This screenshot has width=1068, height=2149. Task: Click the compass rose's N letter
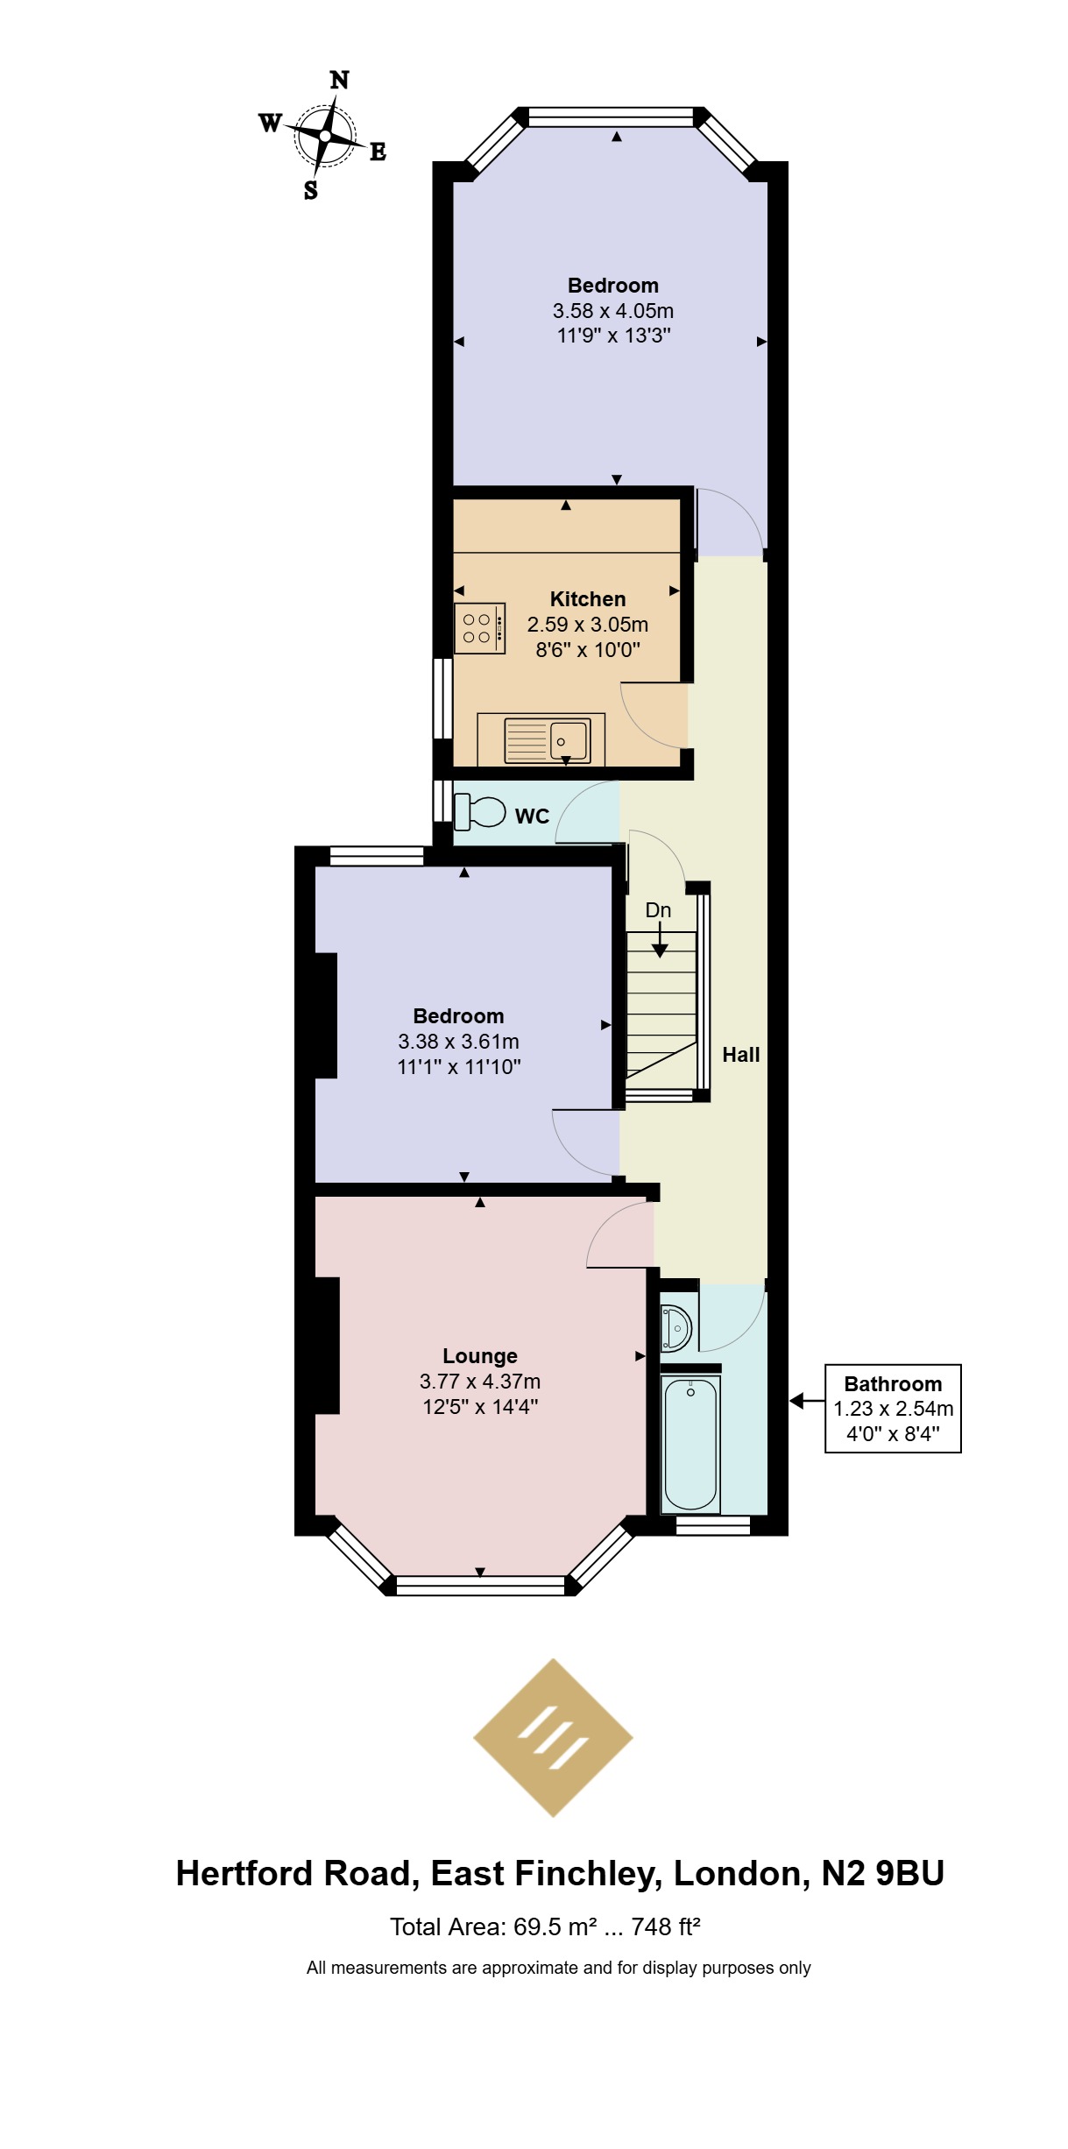339,81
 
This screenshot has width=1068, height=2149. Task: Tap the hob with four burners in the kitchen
479,628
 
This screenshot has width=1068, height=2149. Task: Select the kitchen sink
548,740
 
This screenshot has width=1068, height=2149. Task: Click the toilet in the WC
479,811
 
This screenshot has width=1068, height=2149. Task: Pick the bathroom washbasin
675,1328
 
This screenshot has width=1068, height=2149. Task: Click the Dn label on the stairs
658,910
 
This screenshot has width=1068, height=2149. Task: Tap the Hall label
740,1055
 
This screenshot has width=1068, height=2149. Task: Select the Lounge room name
480,1356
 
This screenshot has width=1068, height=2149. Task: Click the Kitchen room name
588,599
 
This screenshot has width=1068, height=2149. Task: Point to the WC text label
532,816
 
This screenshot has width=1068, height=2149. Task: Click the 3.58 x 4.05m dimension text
613,311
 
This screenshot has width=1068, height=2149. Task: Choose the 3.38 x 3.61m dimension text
459,1042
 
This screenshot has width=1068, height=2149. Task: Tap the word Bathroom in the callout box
893,1384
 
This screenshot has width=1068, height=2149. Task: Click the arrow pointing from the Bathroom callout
807,1401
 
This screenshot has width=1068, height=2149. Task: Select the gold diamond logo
553,1737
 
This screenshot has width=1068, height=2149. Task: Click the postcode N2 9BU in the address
883,1874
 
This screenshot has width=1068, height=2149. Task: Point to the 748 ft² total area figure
666,1927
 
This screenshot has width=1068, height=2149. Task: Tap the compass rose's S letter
311,190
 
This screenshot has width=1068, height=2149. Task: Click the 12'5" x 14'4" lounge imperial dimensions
480,1407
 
